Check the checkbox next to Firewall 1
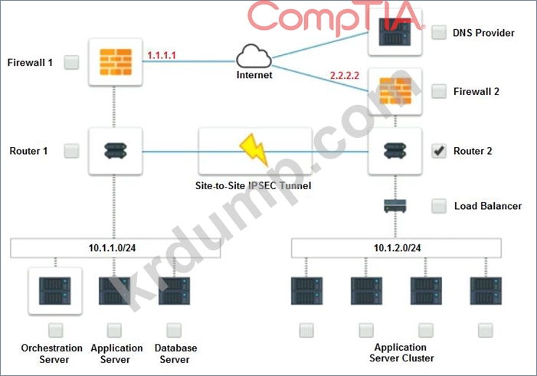[71, 62]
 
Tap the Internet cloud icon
[254, 57]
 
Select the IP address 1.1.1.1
[161, 56]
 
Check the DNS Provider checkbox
[439, 33]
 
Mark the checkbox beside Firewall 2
[439, 92]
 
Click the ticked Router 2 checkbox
[439, 151]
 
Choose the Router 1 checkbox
[71, 151]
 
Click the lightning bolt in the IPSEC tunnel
[252, 150]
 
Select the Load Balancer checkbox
[439, 206]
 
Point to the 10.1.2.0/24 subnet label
[397, 248]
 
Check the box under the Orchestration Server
[55, 330]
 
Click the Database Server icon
[175, 292]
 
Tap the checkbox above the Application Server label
[114, 330]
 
